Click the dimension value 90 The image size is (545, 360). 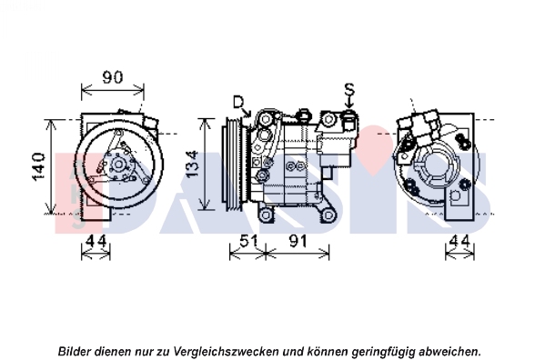pos(113,77)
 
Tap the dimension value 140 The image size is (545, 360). pos(38,166)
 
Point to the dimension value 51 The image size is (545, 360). pos(248,241)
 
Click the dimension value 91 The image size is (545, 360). pos(298,241)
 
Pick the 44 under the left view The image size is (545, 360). pos(96,241)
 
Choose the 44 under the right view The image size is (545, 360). pos(459,241)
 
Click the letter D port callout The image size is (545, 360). pos(238,103)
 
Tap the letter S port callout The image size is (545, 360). pos(349,89)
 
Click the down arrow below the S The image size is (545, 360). pos(349,103)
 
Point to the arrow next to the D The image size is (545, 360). pos(247,112)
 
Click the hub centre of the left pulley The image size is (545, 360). pos(118,165)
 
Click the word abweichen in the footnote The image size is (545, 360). pos(449,351)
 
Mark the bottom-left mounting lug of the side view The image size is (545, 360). pos(265,215)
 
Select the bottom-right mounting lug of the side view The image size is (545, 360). pos(328,215)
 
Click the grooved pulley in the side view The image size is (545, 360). pos(236,164)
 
